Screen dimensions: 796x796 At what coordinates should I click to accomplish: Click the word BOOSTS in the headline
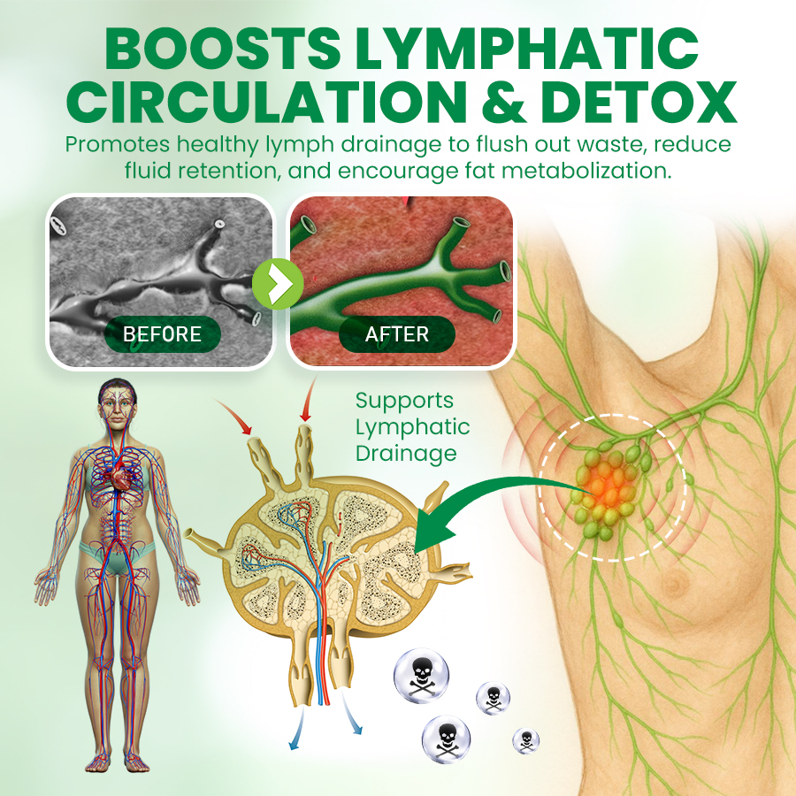point(222,49)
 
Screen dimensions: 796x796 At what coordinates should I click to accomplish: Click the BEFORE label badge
point(163,334)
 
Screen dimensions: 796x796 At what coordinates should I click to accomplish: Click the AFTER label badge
point(397,334)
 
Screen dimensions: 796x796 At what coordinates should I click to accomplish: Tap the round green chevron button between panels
point(278,284)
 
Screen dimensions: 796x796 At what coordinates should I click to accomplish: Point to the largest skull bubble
point(421,676)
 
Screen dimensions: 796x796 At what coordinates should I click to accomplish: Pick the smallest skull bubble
point(526,740)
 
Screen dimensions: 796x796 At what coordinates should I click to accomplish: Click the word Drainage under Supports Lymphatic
point(406,454)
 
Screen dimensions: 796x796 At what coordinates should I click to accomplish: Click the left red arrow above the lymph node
point(233,416)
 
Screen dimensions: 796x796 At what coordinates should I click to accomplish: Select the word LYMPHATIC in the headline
point(526,49)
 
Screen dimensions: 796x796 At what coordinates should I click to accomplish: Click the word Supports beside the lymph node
point(404,402)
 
